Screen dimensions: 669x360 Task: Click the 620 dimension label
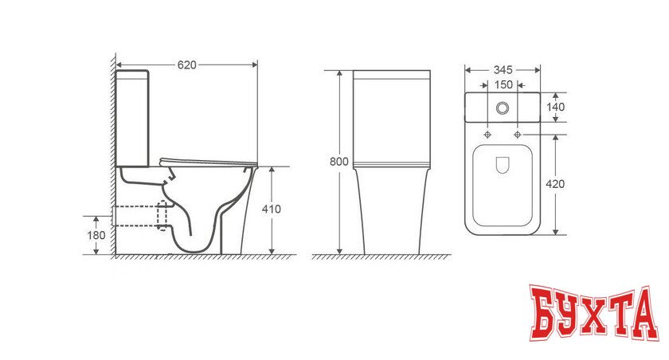(187, 65)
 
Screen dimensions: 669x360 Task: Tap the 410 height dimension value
(272, 209)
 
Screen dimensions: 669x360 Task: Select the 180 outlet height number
(96, 235)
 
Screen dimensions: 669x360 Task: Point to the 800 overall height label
(339, 162)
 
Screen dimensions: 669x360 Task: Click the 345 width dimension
(503, 70)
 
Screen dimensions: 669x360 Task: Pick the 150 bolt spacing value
(503, 85)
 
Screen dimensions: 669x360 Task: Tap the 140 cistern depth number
(556, 107)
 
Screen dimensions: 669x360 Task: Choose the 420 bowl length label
(555, 184)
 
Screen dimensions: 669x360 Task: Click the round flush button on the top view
(503, 108)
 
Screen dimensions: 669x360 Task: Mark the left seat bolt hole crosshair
(487, 135)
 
